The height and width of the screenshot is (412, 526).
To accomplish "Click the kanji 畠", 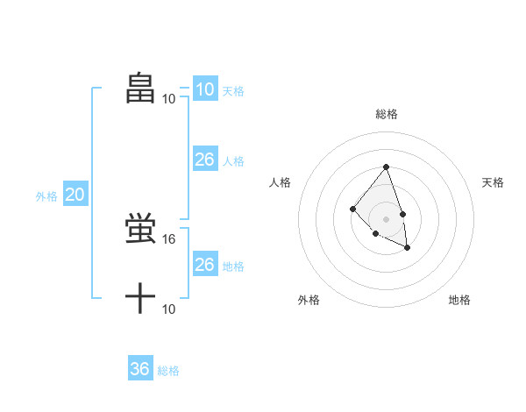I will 140,89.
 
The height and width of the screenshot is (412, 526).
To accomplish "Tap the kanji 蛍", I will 140,230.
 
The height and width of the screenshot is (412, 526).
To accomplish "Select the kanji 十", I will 140,299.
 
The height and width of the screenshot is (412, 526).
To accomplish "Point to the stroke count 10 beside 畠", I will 169,99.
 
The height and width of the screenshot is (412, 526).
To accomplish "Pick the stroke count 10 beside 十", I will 169,309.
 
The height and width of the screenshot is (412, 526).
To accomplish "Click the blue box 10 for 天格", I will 204,89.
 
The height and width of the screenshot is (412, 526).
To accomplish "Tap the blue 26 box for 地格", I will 204,264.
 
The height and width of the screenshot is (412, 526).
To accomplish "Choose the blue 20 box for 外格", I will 75,195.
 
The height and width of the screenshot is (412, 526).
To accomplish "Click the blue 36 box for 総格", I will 139,369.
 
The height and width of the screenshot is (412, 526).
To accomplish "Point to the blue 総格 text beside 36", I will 168,371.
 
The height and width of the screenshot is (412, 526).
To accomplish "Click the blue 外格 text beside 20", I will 46,196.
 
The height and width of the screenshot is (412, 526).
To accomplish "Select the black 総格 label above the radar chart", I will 387,114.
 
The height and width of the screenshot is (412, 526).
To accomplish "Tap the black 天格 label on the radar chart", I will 493,182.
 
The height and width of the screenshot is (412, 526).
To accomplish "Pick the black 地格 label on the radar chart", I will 459,300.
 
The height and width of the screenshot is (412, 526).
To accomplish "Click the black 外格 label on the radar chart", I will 309,300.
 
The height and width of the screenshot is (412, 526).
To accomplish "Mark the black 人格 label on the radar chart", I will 281,182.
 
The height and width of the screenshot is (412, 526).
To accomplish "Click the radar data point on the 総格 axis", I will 387,167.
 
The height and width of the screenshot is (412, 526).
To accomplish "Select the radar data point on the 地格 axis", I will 408,248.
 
